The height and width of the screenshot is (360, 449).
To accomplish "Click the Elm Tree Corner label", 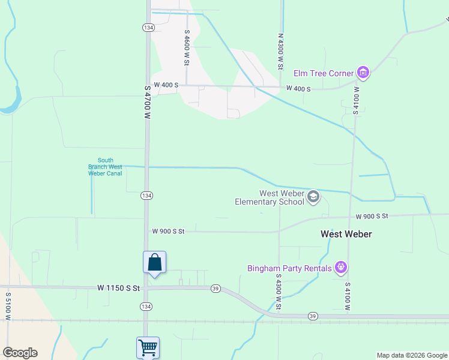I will [323, 73].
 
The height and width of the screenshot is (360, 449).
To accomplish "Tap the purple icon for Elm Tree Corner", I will [363, 73].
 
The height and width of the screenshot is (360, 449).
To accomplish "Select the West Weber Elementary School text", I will [282, 197].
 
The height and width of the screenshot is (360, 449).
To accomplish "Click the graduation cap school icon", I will [313, 197].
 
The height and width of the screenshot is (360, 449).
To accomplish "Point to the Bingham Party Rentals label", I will [289, 268].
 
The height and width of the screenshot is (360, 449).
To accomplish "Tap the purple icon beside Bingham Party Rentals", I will [341, 267].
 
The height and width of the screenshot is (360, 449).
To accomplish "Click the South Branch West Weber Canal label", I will [105, 167].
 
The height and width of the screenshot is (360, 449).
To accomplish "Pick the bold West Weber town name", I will [346, 234].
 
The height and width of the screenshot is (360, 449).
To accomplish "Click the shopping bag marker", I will [154, 262].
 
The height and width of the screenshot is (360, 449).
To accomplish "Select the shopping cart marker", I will [148, 347].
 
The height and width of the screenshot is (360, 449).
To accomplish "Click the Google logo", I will [20, 353].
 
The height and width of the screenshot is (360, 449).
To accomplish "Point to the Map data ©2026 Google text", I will [412, 355].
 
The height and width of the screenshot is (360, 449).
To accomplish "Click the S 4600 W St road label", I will [187, 48].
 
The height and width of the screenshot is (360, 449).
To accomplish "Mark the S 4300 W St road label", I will [279, 292].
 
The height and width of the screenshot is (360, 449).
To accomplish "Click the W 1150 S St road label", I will [118, 288].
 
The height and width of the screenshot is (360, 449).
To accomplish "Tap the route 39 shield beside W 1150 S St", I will [215, 289].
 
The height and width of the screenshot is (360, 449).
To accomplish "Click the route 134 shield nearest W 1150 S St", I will [146, 306].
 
